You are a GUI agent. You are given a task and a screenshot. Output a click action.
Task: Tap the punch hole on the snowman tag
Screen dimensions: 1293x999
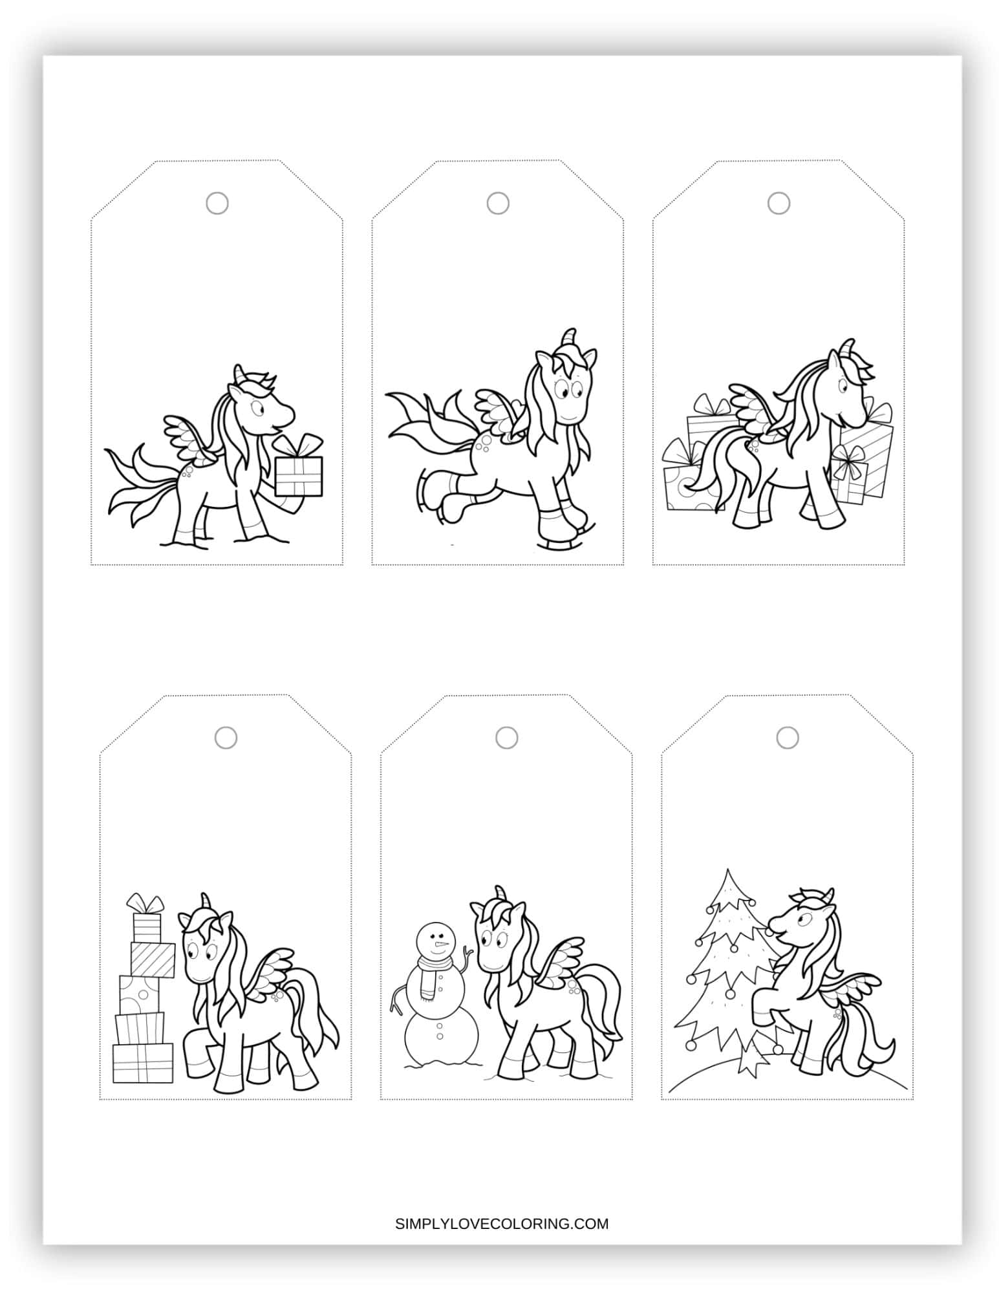[x=506, y=737]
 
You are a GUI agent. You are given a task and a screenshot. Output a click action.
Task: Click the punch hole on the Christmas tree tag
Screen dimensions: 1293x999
[x=787, y=737]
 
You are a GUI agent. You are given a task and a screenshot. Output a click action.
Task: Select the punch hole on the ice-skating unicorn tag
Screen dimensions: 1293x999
[x=497, y=204]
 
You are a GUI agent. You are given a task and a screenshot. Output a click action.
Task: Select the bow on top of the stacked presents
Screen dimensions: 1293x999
[x=145, y=901]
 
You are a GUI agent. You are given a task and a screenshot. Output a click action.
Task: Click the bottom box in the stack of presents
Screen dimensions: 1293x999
[x=143, y=1062]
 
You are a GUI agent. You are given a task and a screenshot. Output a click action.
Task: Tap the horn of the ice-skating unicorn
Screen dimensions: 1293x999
[x=569, y=337]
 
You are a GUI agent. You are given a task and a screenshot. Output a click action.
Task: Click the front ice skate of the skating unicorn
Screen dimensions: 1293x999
[x=563, y=522]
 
